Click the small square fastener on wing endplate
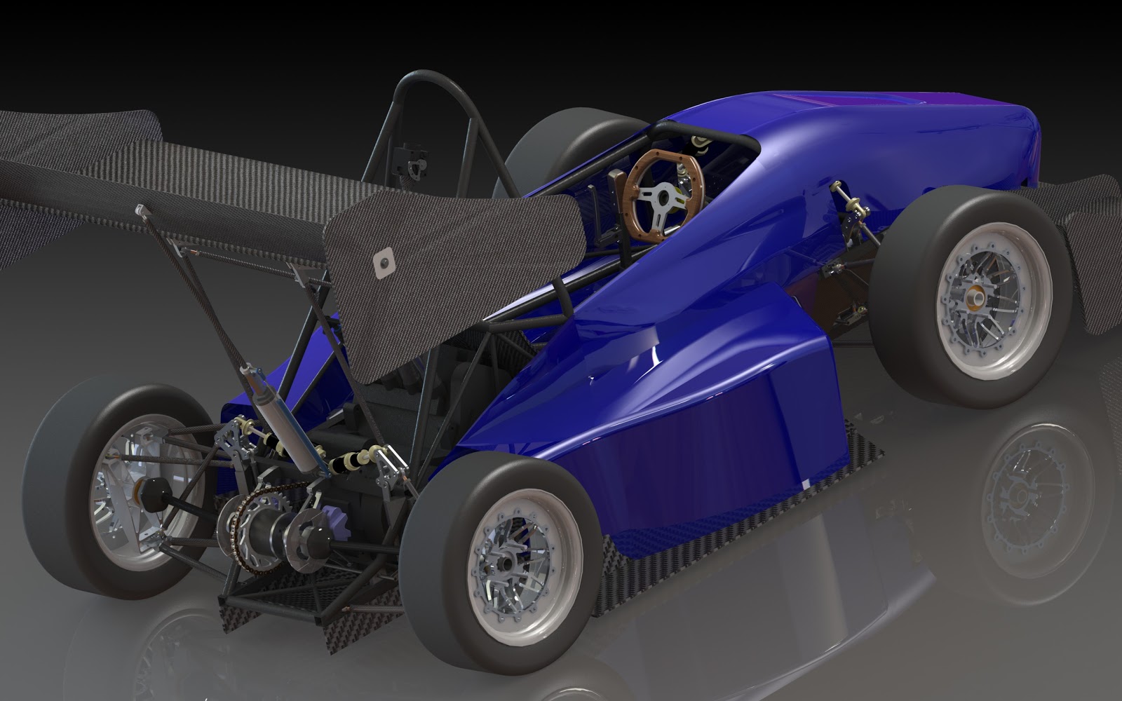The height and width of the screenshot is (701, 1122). coord(384,263)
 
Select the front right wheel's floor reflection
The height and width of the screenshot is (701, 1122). coord(1031,491)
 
